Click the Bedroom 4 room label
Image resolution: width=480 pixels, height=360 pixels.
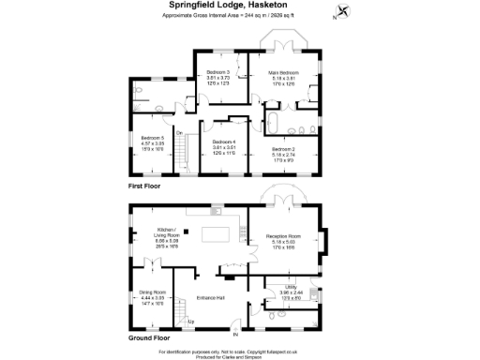click(x=222, y=146)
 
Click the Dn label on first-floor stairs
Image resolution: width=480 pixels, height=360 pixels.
click(x=178, y=132)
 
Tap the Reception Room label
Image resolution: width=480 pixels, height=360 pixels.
click(x=286, y=239)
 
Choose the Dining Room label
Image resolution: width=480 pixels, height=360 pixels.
click(x=152, y=298)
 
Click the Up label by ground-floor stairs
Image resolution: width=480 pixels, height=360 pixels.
click(x=191, y=322)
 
